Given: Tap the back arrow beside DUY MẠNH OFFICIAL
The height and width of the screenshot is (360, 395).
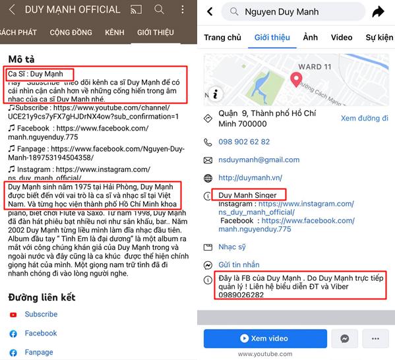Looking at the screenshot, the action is click(12, 10).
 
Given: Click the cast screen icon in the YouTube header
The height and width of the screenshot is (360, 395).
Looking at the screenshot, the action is click(136, 10).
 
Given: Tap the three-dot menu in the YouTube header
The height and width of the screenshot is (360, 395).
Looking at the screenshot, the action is click(183, 10).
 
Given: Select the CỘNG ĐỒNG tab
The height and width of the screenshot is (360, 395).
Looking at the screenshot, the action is click(71, 32).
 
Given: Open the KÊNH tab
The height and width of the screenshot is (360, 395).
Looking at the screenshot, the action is click(115, 32).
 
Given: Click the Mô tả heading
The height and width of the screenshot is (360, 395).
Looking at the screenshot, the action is click(21, 59).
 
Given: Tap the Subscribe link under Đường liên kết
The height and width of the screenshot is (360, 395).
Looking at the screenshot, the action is click(41, 314).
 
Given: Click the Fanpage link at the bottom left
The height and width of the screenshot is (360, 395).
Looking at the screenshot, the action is click(39, 352).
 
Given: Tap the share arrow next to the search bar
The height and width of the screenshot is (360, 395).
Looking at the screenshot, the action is click(378, 12).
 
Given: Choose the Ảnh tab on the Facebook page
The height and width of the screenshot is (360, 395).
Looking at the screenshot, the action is click(311, 38).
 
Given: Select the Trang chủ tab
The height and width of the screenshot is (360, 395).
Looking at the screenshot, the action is click(222, 38).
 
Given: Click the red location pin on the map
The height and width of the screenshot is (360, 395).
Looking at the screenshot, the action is click(296, 80).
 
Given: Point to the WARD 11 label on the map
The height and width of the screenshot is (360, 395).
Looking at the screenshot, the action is click(315, 67).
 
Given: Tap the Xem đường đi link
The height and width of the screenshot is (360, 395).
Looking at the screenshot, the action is click(365, 118).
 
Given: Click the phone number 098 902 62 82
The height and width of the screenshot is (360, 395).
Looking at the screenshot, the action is click(244, 142).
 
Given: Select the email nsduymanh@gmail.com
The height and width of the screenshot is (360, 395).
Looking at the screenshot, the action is click(259, 160).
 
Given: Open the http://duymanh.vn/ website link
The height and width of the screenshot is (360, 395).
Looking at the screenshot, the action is click(250, 177).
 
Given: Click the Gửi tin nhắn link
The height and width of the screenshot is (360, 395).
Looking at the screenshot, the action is click(239, 264).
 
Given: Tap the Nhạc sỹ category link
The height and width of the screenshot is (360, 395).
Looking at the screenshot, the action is click(232, 247).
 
